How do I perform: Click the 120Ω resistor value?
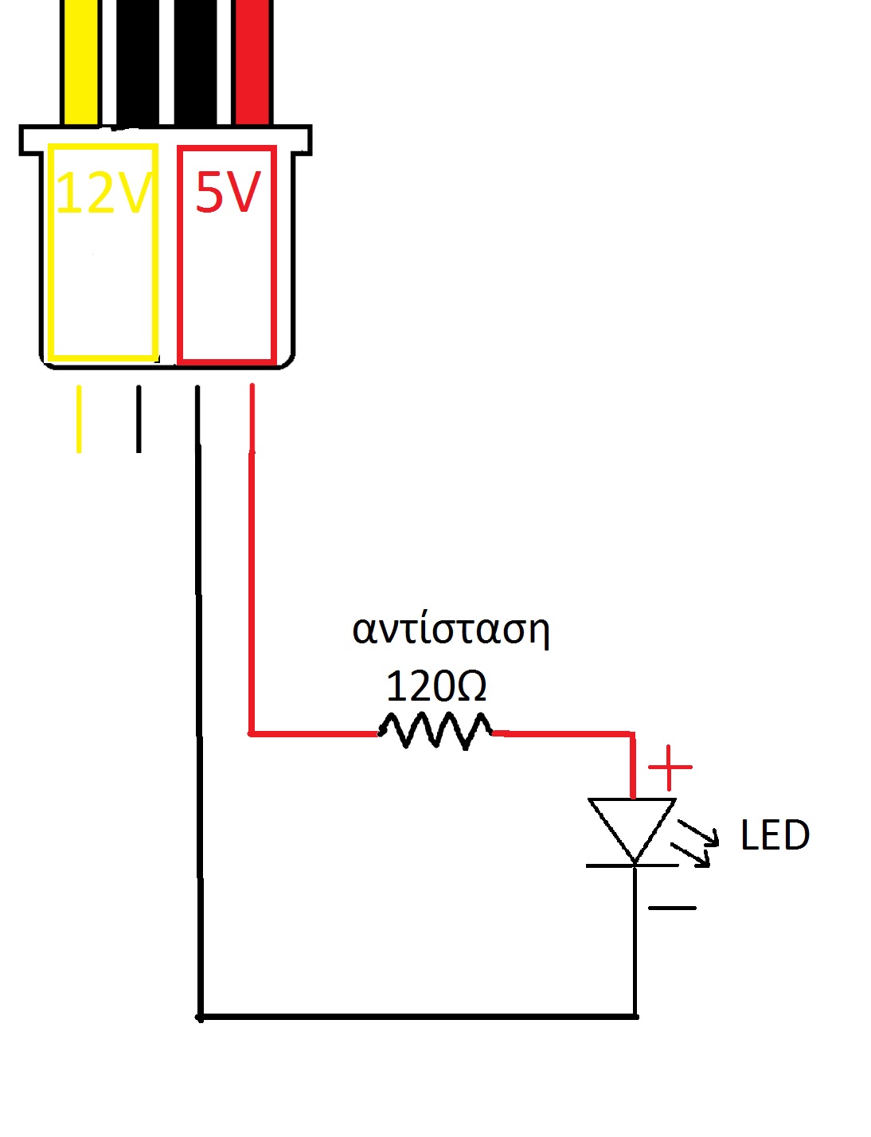point(435,686)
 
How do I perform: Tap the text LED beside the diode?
point(775,834)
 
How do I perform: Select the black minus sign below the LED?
point(672,908)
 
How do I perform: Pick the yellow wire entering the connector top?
point(80,63)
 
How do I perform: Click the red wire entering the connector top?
point(253,63)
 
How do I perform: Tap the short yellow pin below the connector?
point(79,419)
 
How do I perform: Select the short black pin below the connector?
point(139,419)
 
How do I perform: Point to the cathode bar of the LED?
point(632,866)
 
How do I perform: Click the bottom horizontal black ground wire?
point(417,1018)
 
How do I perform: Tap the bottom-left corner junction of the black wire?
point(200,1018)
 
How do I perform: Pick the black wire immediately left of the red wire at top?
point(195,63)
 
